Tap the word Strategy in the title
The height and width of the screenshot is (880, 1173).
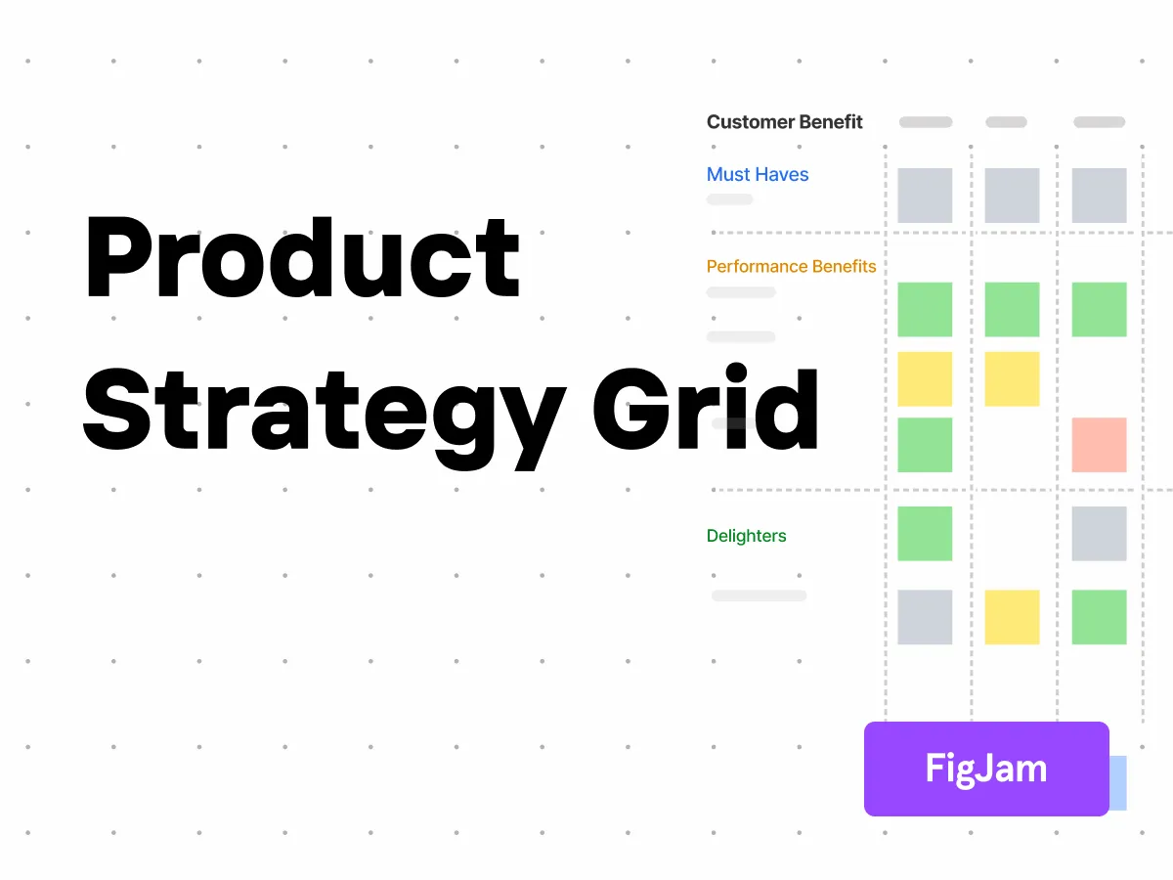coord(323,411)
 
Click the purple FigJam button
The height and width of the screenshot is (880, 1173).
coord(986,769)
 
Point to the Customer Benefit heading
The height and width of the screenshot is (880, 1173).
coord(785,122)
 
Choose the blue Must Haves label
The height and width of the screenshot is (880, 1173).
coord(758,175)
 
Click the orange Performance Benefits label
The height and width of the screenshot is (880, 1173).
coord(792,266)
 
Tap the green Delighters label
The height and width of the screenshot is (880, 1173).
coord(746,536)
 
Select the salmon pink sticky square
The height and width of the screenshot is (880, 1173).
coord(1099,445)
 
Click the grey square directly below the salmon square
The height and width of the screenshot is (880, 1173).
coord(1099,534)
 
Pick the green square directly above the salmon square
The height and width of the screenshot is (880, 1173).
coord(1099,309)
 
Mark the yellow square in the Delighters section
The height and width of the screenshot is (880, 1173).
coord(1012,617)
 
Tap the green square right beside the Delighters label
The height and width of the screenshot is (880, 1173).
coord(925,534)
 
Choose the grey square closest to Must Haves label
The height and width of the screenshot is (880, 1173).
coord(925,196)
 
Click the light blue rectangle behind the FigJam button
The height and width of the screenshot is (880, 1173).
coord(1118,782)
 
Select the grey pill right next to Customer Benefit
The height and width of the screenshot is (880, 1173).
coord(926,122)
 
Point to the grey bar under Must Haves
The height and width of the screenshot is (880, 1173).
coord(730,199)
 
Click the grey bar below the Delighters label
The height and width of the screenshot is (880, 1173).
coord(760,595)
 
